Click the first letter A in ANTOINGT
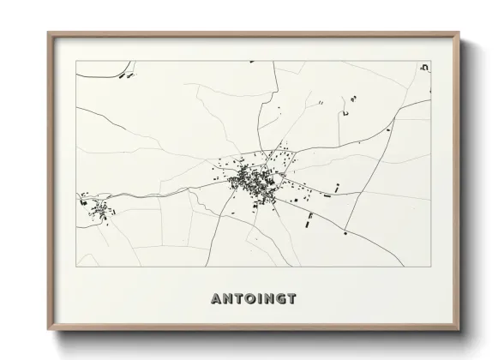point(215,298)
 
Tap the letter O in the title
point(247,298)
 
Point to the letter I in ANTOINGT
point(258,298)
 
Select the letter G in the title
point(279,298)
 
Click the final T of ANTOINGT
point(291,298)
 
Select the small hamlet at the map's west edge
point(97,207)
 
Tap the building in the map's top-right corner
point(423,66)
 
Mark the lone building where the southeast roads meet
point(345,232)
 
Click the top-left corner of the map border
point(76,61)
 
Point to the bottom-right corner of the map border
point(430,267)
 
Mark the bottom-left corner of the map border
point(76,267)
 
